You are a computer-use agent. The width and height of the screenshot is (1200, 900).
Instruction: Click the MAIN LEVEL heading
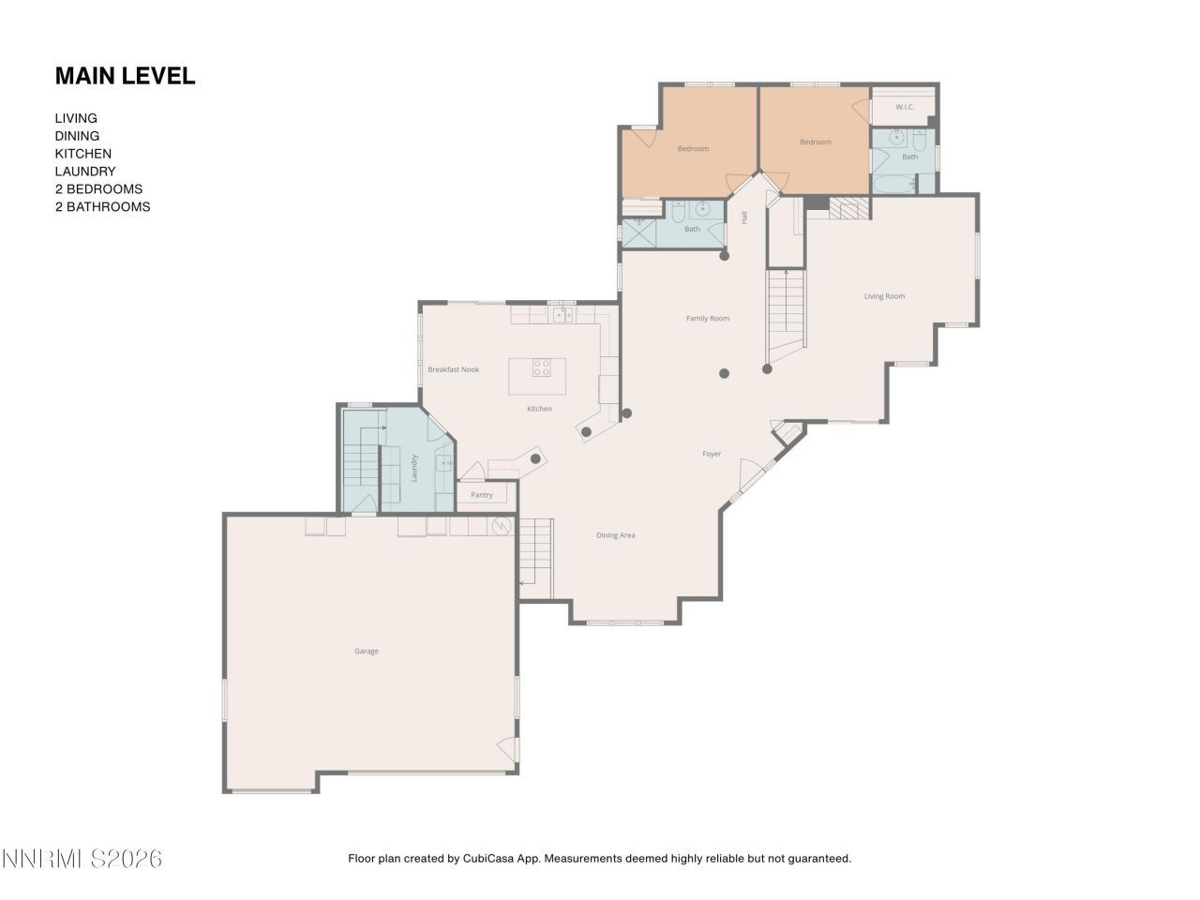click(125, 76)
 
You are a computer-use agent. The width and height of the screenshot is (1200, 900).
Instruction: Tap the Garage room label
click(367, 651)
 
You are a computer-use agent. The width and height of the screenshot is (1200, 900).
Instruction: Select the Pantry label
click(482, 495)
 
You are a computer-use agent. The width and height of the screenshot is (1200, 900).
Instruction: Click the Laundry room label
click(413, 468)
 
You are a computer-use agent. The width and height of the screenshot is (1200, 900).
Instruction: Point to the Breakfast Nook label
click(453, 369)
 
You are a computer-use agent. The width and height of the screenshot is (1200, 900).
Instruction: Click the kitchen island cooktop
click(542, 367)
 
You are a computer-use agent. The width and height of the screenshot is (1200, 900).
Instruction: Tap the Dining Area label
click(615, 535)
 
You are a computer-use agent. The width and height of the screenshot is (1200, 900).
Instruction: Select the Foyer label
click(712, 454)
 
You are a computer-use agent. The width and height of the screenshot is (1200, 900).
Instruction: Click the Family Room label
click(707, 319)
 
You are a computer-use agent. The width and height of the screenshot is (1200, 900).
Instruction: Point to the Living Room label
click(884, 296)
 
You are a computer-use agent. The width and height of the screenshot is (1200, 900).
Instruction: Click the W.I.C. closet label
click(904, 107)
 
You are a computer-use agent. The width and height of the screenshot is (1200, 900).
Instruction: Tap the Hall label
click(744, 217)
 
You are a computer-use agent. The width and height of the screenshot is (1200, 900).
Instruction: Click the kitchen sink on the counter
click(561, 315)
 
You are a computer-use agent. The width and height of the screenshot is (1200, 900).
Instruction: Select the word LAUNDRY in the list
click(84, 172)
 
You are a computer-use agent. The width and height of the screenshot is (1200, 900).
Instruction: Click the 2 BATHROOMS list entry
click(102, 207)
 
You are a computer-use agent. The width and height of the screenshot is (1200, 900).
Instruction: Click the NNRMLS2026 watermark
click(82, 858)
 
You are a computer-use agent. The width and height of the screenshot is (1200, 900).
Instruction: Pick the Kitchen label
click(539, 409)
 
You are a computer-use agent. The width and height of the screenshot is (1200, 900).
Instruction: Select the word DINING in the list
click(77, 136)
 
